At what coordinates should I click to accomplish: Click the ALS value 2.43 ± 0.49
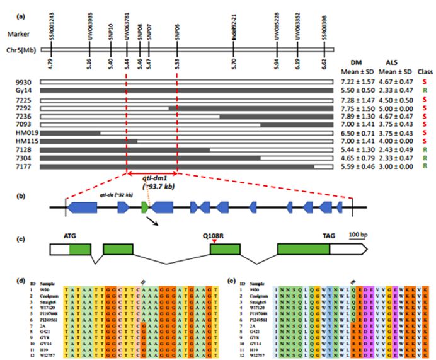(394, 150)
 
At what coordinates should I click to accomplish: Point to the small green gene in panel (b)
(144, 206)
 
